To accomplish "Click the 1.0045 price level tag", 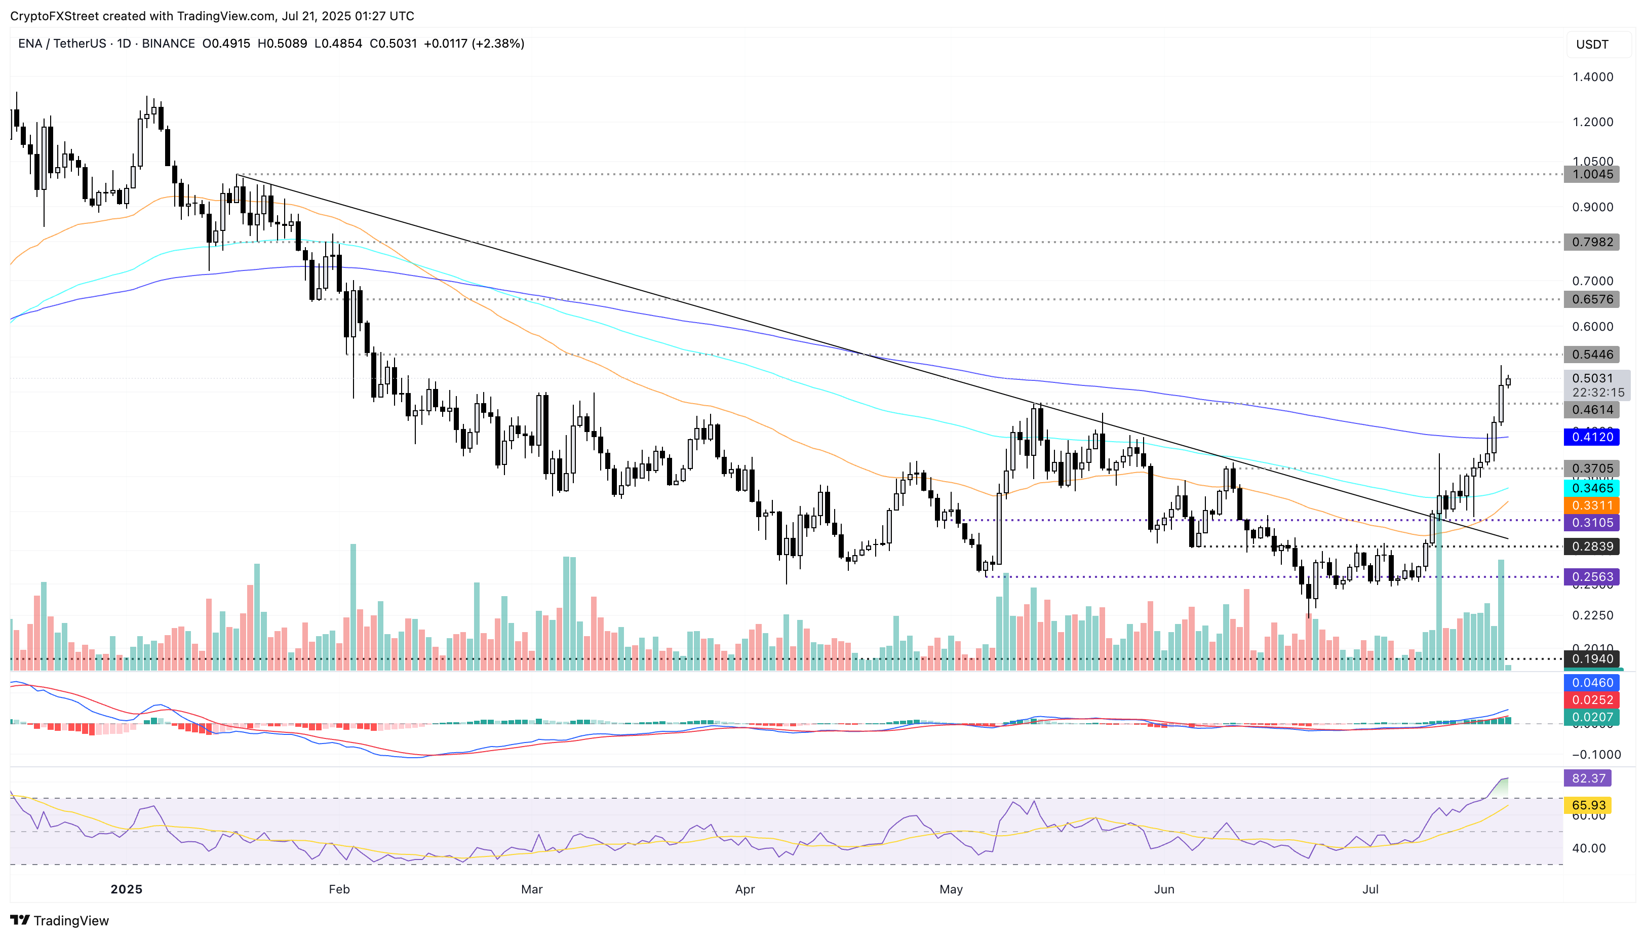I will click(x=1591, y=174).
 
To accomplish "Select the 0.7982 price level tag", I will click(x=1591, y=242).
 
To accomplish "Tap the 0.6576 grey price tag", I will click(x=1591, y=299).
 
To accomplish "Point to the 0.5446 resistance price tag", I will click(x=1591, y=355).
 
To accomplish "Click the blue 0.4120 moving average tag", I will click(x=1591, y=437).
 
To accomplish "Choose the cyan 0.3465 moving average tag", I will click(x=1591, y=488).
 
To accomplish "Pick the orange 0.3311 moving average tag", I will click(x=1591, y=505).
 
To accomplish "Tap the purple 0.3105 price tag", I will click(x=1591, y=523).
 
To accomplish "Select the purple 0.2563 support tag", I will click(x=1591, y=576).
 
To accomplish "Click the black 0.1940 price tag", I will click(x=1591, y=658).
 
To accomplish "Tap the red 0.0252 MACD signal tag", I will click(x=1591, y=699).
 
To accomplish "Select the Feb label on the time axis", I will click(x=339, y=889).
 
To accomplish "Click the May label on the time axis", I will click(x=951, y=889).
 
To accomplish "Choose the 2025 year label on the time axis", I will click(x=126, y=889).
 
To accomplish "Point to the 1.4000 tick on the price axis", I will click(x=1592, y=76).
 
